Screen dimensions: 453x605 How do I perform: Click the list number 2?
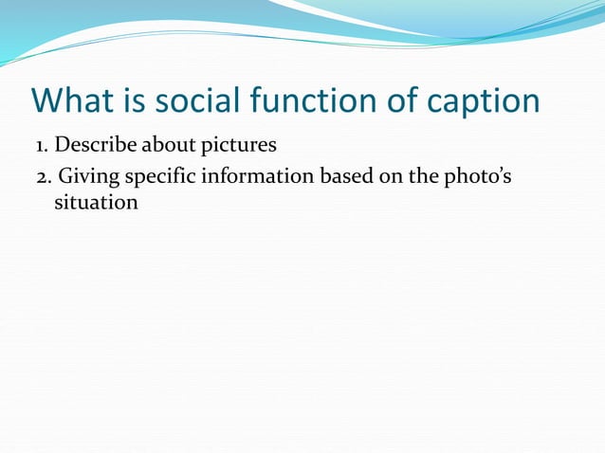point(42,176)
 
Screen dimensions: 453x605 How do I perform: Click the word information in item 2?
point(246,176)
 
